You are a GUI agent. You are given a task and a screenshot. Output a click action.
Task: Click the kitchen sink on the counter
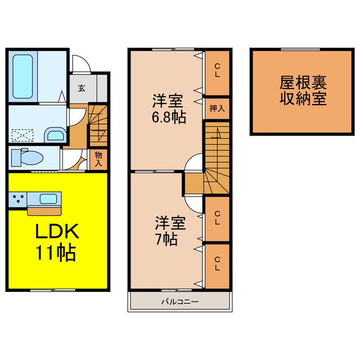coord(47,199)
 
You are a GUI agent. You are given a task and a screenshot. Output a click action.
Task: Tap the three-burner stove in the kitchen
coord(16,199)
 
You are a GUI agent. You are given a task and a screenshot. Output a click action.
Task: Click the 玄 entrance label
coord(82,88)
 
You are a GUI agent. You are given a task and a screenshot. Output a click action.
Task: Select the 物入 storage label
coord(98,159)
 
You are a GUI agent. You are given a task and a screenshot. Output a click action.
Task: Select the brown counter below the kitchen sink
coord(44,210)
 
